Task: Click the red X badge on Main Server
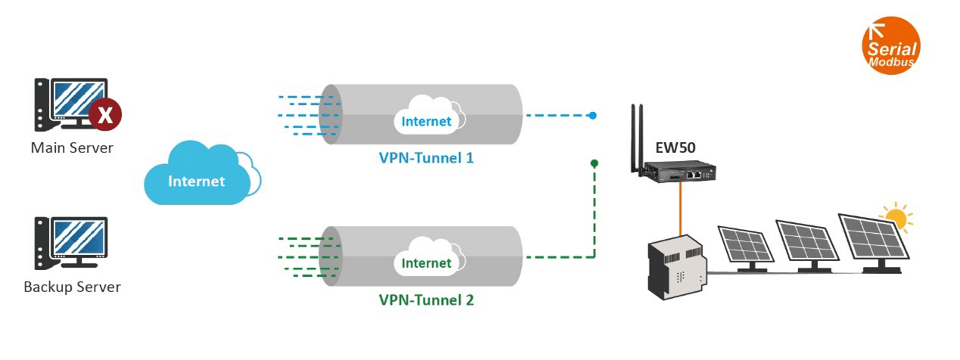click(105, 115)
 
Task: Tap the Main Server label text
click(72, 147)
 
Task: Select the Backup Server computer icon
click(71, 243)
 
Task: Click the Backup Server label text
click(72, 287)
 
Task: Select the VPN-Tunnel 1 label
click(426, 159)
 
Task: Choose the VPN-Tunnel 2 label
click(426, 300)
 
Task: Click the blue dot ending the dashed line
click(593, 116)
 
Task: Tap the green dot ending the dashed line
click(595, 163)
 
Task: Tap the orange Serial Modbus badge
click(891, 45)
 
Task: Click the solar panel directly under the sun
click(871, 238)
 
